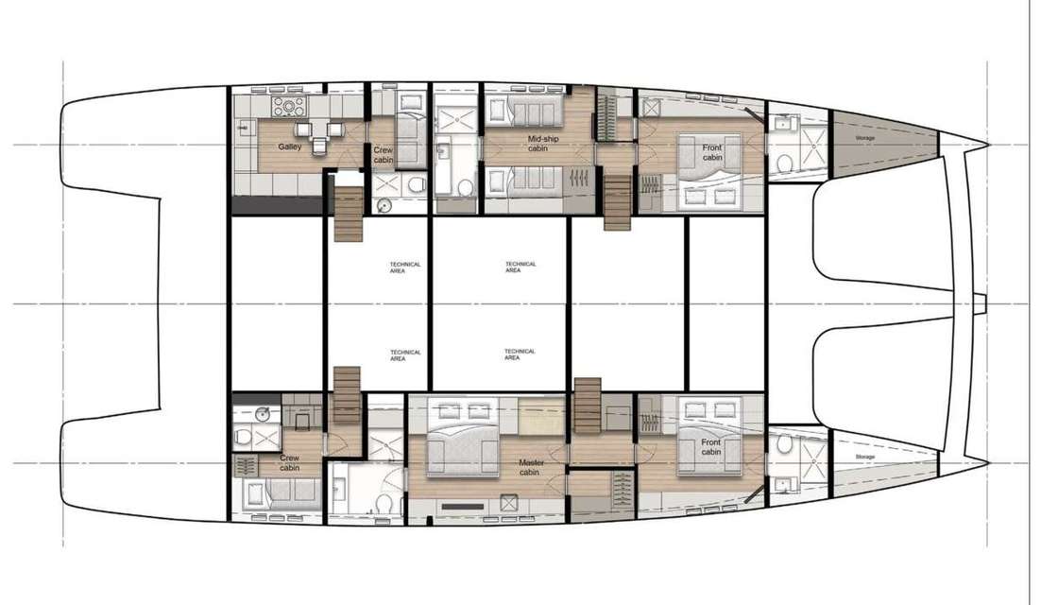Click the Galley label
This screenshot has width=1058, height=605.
(x=289, y=147)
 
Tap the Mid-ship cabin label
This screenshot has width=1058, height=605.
(x=542, y=143)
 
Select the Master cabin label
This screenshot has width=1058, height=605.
(x=531, y=467)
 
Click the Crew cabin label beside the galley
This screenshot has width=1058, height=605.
(x=384, y=155)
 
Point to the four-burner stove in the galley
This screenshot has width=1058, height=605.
(x=289, y=105)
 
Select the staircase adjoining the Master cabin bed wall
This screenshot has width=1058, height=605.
(x=587, y=406)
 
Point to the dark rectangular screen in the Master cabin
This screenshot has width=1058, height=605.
(x=463, y=506)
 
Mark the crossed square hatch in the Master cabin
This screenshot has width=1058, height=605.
(x=508, y=503)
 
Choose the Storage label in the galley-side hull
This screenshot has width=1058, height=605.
(x=865, y=138)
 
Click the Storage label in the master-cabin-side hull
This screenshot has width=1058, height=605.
(x=865, y=457)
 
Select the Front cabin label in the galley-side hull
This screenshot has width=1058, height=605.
(x=712, y=152)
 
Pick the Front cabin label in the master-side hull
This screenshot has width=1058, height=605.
(x=710, y=447)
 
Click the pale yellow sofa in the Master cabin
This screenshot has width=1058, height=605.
(x=541, y=416)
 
